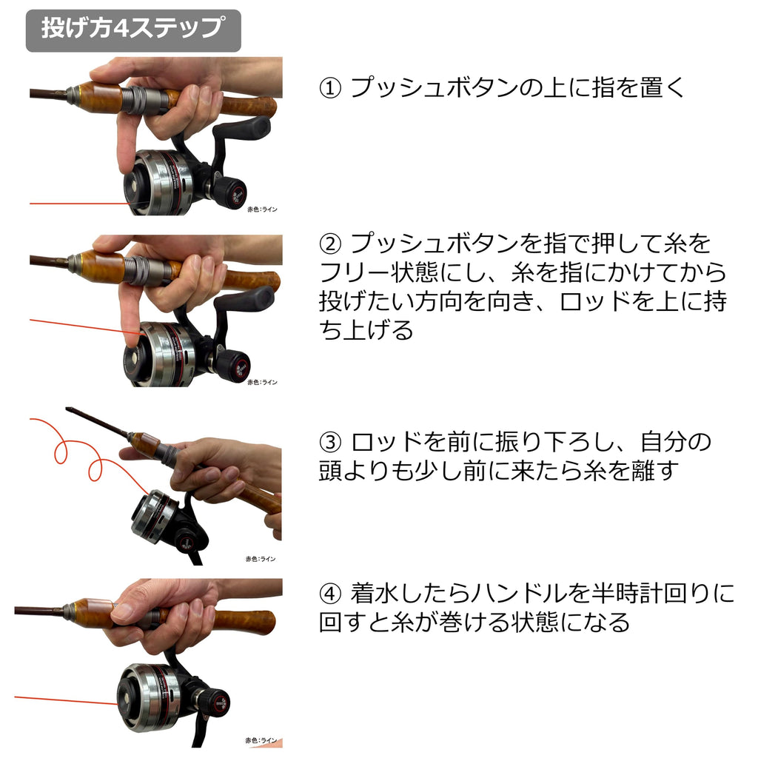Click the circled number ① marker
tap(330, 89)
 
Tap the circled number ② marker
tap(330, 244)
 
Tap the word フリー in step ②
tap(354, 273)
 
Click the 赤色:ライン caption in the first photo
tap(262, 209)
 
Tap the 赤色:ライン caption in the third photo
tap(260, 559)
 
